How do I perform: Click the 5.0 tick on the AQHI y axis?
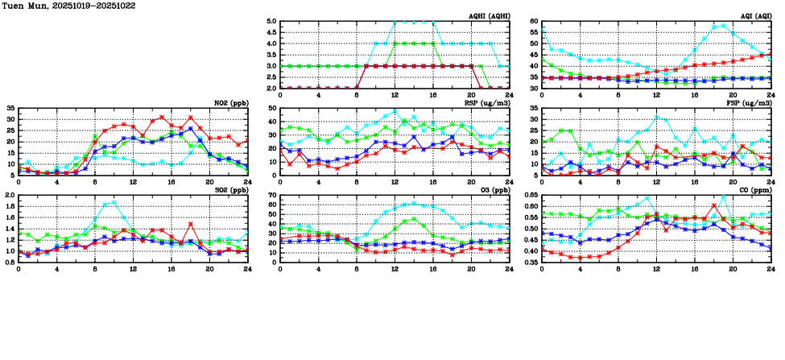coord(271,22)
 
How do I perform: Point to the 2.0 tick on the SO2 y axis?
coord(10,196)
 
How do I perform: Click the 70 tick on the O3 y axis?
coord(273,196)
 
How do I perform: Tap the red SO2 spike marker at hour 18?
coord(190,224)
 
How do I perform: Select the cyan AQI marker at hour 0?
coord(542,29)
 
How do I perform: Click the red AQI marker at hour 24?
coord(771,54)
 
